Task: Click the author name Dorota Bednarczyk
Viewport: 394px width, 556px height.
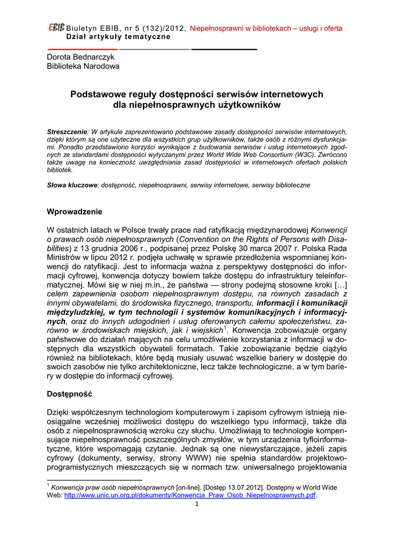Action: [x=80, y=56]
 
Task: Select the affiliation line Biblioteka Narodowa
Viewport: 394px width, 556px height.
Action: [x=83, y=66]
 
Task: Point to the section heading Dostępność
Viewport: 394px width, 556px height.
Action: [x=70, y=393]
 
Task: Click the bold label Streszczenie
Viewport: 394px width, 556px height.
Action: [x=67, y=132]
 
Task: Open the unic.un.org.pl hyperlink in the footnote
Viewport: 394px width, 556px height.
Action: [x=190, y=495]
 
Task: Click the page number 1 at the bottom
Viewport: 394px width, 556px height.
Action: [x=197, y=504]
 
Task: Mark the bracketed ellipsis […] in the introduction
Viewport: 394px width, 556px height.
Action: [x=339, y=284]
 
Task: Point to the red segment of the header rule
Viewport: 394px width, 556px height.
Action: [x=82, y=49]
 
